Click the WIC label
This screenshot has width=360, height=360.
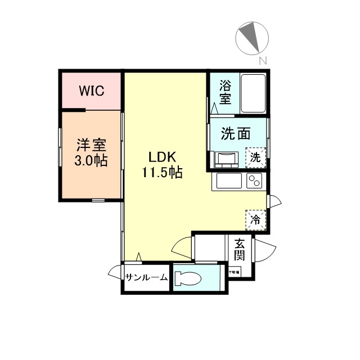tap(91, 91)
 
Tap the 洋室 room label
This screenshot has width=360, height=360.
tap(92, 145)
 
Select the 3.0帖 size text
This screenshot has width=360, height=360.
tap(92, 160)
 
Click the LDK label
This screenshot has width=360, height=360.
tap(161, 157)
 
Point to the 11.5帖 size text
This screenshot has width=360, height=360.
tap(161, 173)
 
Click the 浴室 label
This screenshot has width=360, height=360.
tap(225, 92)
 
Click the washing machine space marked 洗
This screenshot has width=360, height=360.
tap(255, 157)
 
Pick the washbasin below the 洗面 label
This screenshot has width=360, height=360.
tap(227, 160)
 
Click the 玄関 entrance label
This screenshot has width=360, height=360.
tap(240, 250)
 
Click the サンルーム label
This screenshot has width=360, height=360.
tap(146, 278)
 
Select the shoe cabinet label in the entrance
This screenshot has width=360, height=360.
tap(234, 272)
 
